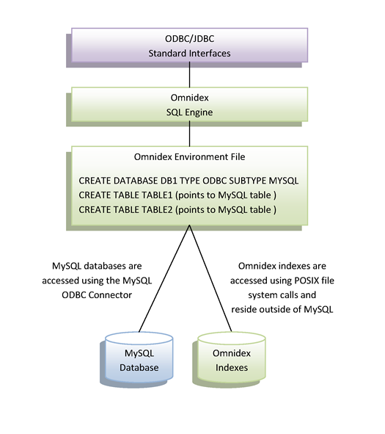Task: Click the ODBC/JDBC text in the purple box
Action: [190, 39]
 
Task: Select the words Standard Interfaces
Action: [190, 53]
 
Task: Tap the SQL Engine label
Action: [190, 112]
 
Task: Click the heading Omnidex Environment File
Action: [190, 157]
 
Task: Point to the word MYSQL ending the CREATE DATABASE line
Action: [284, 181]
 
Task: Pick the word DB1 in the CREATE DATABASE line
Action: [169, 181]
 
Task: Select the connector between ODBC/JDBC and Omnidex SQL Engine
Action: [190, 74]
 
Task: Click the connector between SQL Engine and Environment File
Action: [190, 134]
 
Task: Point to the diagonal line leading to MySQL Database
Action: [164, 278]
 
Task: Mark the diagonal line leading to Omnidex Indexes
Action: [210, 278]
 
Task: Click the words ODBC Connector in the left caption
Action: [97, 295]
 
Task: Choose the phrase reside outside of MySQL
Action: [282, 309]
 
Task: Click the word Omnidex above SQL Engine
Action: [190, 98]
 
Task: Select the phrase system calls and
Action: [282, 295]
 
